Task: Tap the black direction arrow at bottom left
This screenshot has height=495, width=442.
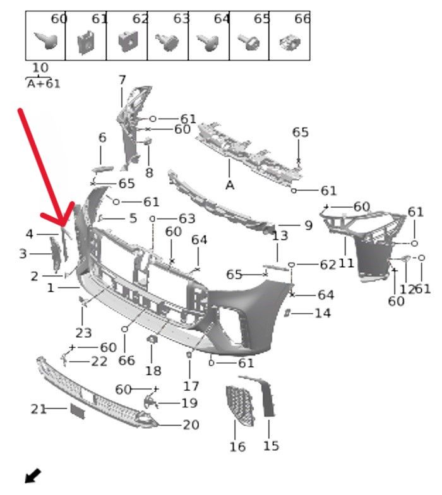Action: [33, 475]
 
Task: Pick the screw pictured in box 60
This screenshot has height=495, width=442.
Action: [47, 40]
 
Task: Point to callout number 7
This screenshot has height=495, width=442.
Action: [122, 80]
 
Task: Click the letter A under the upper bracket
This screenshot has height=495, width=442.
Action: [230, 185]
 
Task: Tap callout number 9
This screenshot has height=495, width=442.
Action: [308, 225]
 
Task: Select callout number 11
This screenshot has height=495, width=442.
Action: [346, 263]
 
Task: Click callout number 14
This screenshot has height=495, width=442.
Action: [323, 313]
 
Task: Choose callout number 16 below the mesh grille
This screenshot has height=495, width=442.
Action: [237, 447]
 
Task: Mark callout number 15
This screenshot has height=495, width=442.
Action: [272, 446]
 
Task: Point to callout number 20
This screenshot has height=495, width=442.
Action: [191, 425]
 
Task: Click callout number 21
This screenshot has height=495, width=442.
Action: [39, 409]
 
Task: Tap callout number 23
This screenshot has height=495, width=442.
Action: [83, 333]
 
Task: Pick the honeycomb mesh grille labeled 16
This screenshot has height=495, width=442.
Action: [240, 406]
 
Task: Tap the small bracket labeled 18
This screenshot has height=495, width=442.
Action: [153, 340]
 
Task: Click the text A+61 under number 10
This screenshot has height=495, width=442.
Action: [44, 84]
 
